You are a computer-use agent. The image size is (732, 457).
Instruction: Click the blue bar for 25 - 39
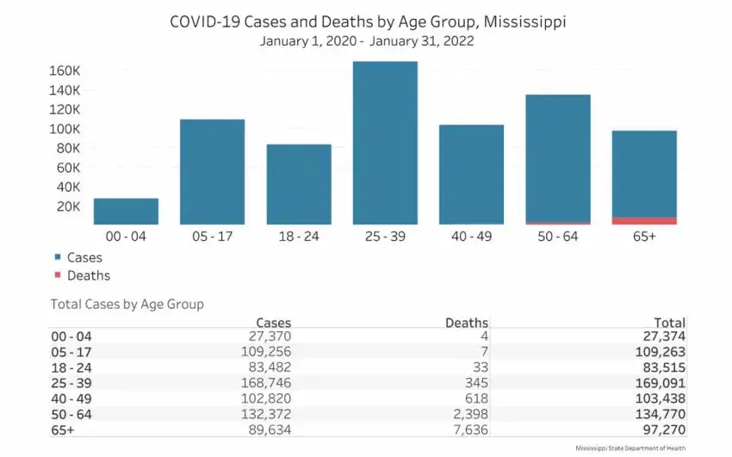pos(385,143)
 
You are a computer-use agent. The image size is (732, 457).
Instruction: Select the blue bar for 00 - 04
pos(126,212)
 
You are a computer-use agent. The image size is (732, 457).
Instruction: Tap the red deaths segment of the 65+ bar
pos(644,221)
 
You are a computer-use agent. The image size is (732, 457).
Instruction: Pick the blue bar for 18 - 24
pos(299,184)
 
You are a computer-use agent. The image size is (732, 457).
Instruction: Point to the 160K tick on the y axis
pos(65,71)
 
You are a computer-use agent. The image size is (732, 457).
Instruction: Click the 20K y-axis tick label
pos(69,207)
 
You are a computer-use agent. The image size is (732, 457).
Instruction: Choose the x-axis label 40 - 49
pos(471,236)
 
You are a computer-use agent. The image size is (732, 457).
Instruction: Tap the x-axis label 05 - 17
pos(212,236)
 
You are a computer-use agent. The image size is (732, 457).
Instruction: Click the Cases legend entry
pos(84,257)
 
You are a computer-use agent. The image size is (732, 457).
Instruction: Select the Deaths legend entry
pos(88,275)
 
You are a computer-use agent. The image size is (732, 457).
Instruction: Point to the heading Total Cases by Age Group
pos(127,304)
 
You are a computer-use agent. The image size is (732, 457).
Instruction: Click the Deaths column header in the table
pos(466,323)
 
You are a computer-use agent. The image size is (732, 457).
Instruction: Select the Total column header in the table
pos(668,323)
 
